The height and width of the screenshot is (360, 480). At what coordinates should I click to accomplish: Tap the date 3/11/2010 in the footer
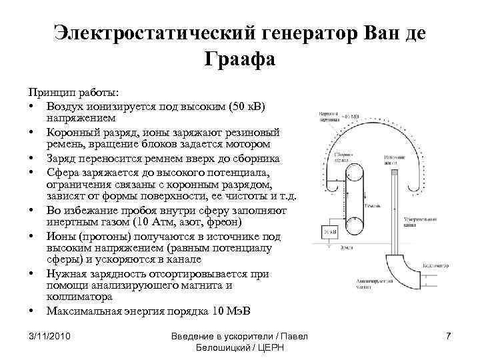point(51,337)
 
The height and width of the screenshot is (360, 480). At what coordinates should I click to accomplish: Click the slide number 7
point(449,337)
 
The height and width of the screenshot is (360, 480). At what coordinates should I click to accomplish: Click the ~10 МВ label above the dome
point(353,117)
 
